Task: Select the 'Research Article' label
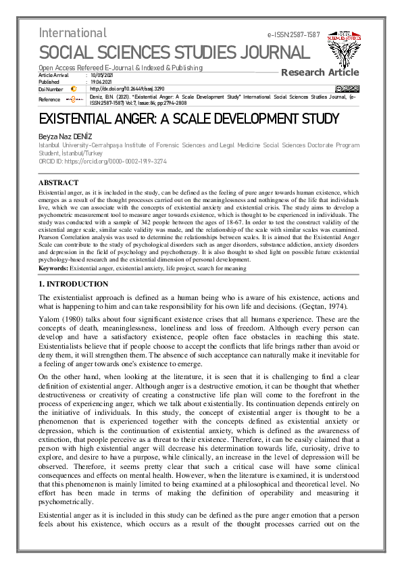[320, 72]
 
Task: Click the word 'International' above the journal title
[72, 32]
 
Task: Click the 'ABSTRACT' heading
[58, 182]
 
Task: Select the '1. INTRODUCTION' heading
[73, 284]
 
